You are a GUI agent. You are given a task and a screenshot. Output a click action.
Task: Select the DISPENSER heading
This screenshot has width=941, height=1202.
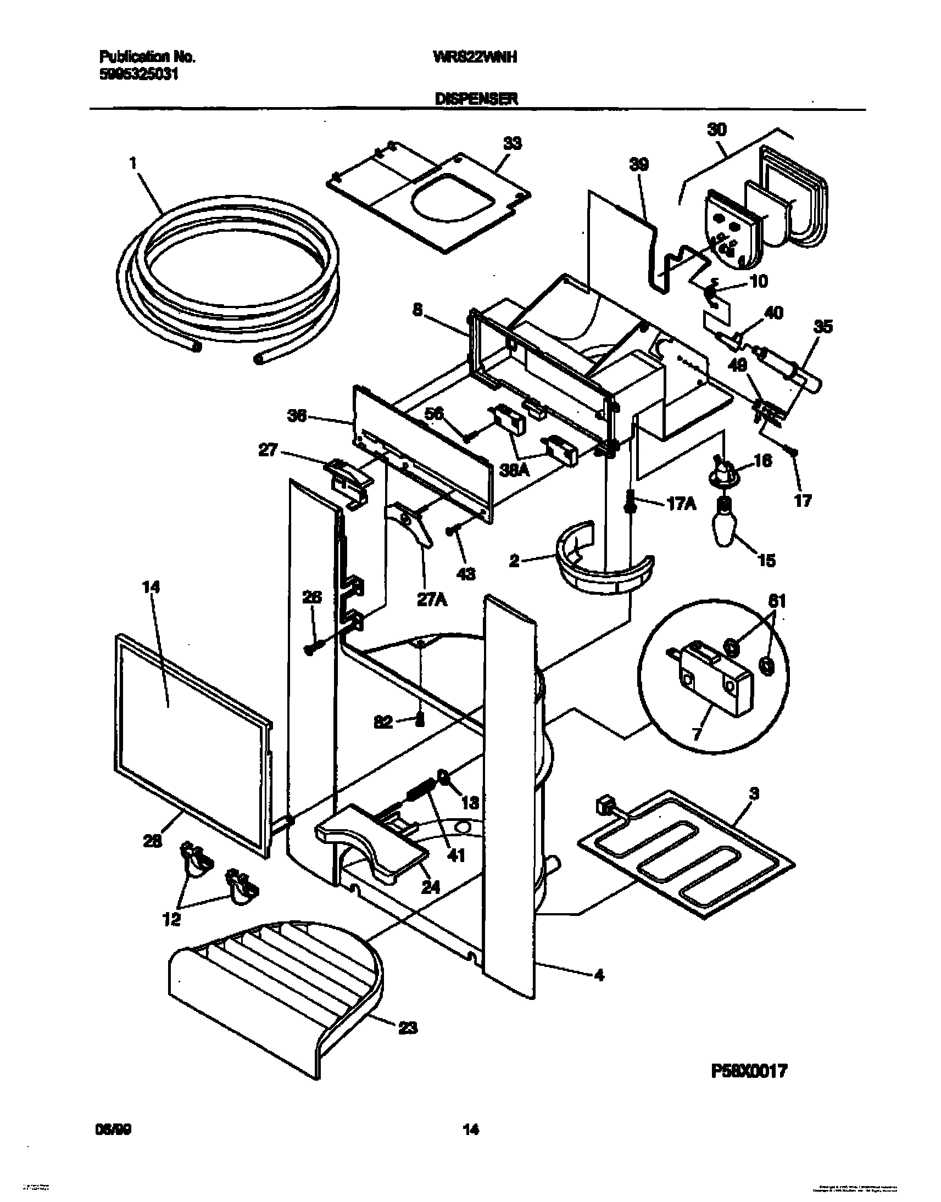coord(476,99)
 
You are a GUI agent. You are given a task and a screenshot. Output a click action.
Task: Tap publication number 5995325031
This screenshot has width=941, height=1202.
coord(138,74)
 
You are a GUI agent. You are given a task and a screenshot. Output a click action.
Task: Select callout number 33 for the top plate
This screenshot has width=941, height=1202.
coord(512,144)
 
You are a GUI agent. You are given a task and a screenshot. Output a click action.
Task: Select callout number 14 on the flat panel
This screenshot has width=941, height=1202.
coord(151,588)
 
